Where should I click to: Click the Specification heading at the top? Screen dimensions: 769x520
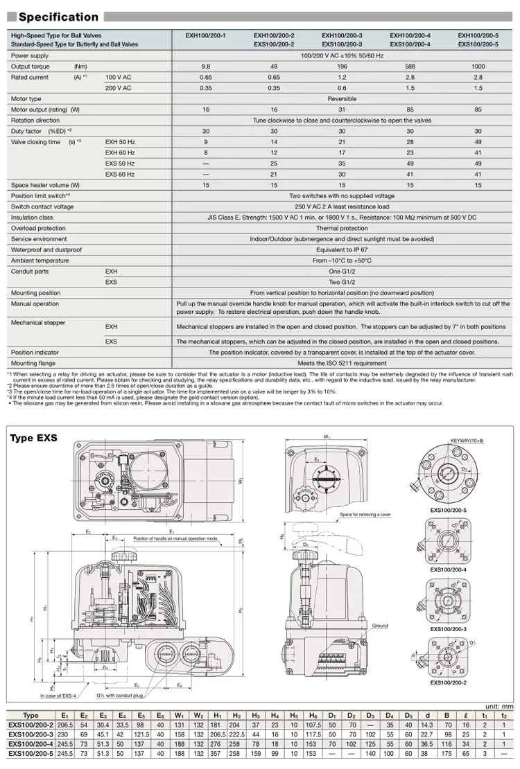(58, 17)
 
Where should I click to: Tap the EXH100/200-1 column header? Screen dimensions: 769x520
(205, 34)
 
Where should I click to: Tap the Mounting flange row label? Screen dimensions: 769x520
(33, 363)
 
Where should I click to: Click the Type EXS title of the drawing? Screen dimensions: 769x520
(33, 438)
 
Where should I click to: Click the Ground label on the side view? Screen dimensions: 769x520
(380, 626)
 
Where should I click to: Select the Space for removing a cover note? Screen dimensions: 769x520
(366, 515)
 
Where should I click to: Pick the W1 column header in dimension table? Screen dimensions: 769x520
(179, 716)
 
